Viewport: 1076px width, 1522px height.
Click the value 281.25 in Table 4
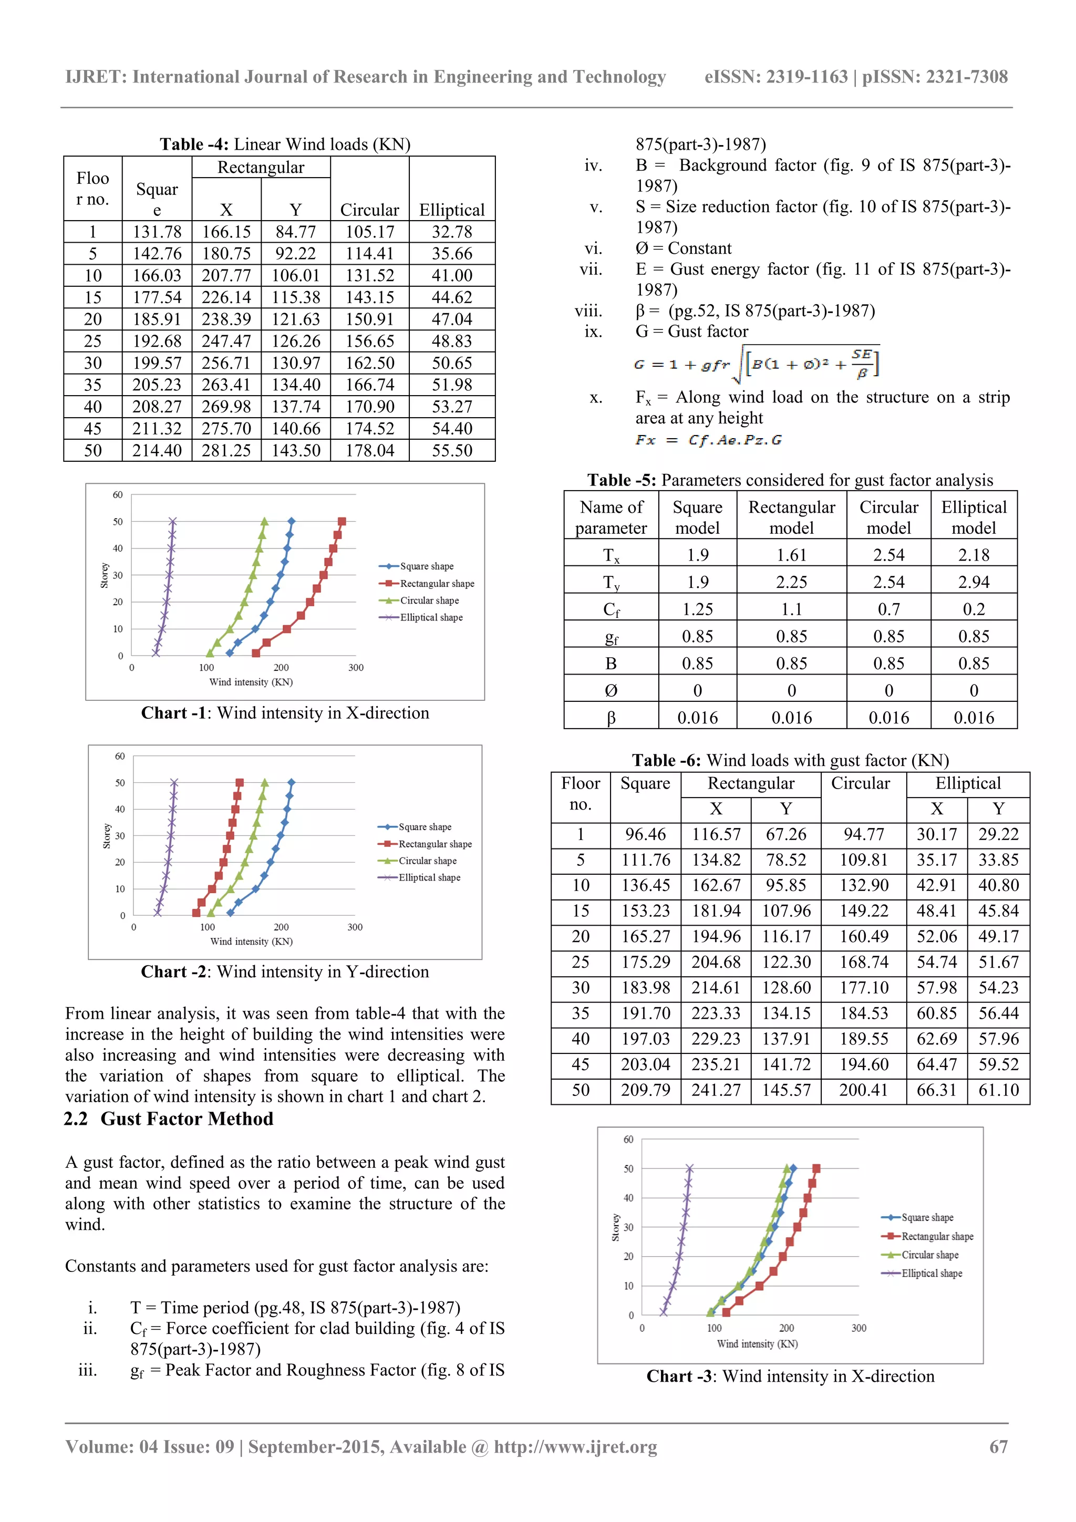point(226,451)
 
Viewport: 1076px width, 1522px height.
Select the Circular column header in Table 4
point(369,210)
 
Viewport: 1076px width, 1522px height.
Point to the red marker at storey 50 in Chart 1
point(342,522)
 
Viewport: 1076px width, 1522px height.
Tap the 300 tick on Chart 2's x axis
point(355,927)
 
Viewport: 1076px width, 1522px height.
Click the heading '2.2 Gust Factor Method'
point(169,1119)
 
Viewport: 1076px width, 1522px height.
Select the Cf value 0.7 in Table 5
point(888,609)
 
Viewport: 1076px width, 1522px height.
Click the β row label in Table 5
point(611,718)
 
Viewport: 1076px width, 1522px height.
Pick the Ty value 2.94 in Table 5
point(973,582)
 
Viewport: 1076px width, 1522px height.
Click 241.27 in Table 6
point(716,1091)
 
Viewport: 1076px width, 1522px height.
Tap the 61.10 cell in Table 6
point(998,1091)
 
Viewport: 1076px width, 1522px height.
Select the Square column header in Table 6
point(645,783)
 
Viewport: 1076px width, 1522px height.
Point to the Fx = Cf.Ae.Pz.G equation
point(708,440)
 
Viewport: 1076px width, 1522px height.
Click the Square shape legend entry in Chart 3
point(927,1218)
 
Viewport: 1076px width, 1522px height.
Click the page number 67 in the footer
point(998,1446)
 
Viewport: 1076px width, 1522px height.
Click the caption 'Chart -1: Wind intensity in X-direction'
point(285,713)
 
